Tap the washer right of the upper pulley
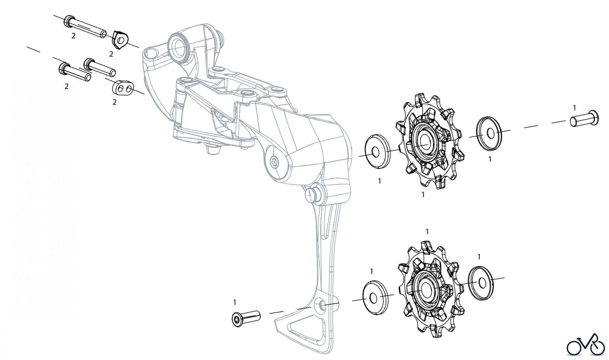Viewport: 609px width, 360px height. click(489, 133)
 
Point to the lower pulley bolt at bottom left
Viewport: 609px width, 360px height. click(246, 318)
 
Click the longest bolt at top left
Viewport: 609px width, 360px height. click(85, 27)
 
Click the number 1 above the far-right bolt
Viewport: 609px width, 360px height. click(574, 108)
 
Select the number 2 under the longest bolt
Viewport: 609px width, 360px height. click(73, 35)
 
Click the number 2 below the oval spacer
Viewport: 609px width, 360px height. click(114, 102)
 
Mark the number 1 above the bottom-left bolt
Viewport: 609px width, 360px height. click(234, 302)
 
